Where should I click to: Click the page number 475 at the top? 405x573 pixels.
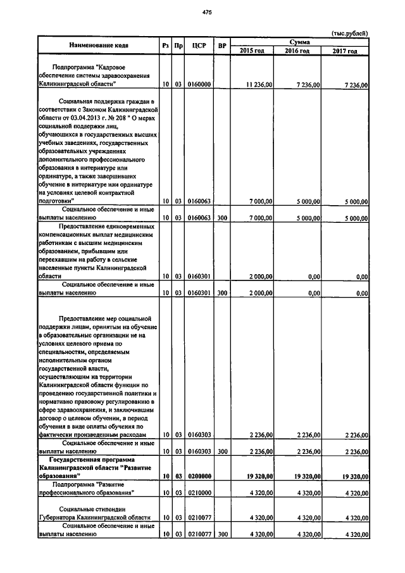click(x=206, y=12)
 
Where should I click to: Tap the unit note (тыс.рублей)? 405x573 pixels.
click(x=349, y=34)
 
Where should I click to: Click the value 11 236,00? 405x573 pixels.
click(x=259, y=84)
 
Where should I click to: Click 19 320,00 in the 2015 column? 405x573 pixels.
click(x=259, y=475)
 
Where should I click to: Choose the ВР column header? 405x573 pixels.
click(x=221, y=46)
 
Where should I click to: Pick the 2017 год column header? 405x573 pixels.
click(x=345, y=51)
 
